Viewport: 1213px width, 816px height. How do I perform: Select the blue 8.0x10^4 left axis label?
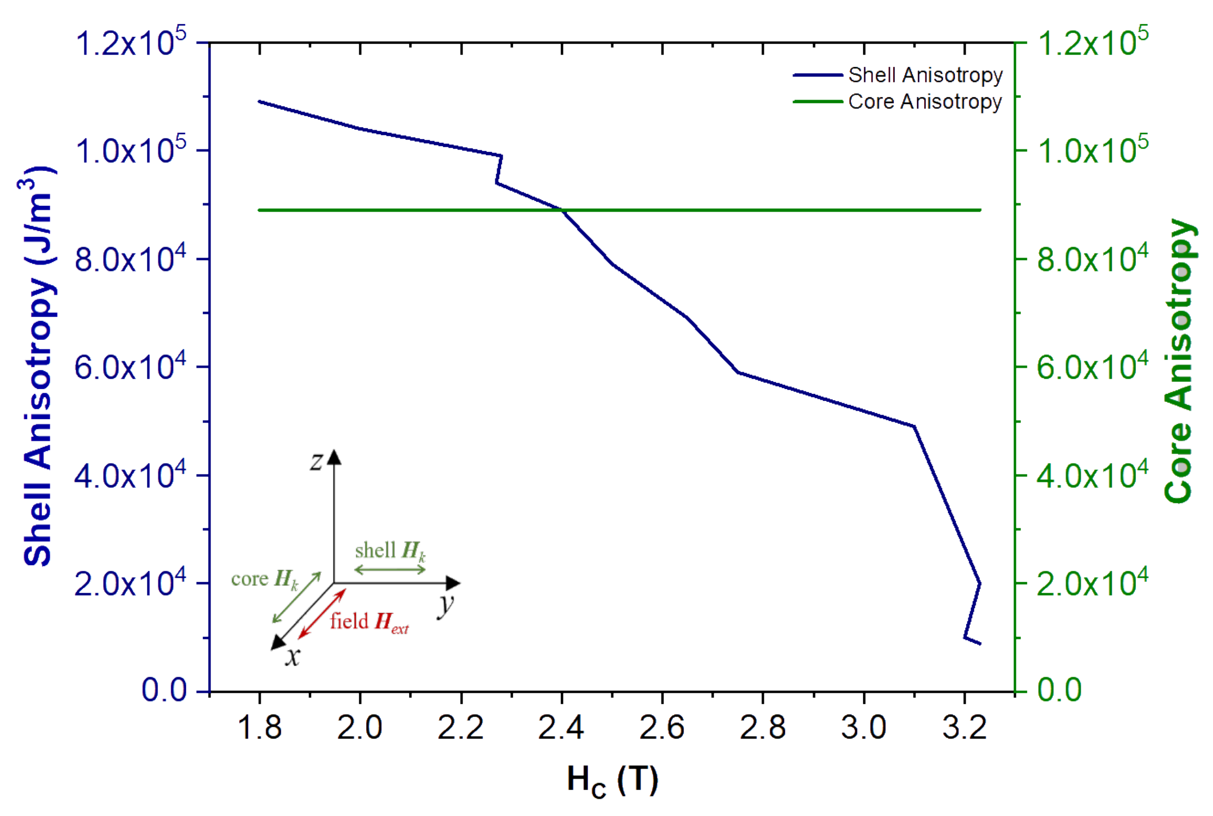pyautogui.click(x=130, y=259)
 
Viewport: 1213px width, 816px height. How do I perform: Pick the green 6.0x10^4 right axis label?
pyautogui.click(x=1092, y=366)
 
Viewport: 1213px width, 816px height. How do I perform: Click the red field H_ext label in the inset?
pyautogui.click(x=369, y=622)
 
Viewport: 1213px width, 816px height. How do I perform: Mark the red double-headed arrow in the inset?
pyautogui.click(x=321, y=614)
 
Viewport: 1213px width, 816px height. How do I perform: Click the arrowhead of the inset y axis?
pyautogui.click(x=454, y=583)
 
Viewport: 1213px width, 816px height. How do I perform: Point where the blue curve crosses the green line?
pyautogui.click(x=561, y=210)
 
